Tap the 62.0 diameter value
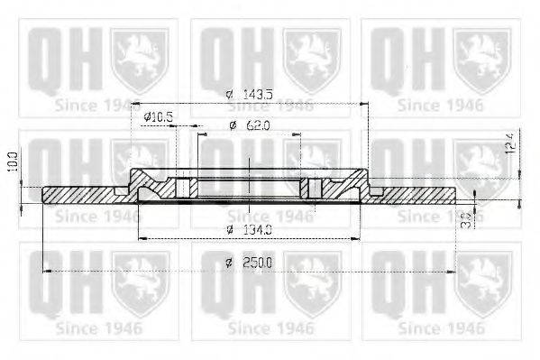point(256,126)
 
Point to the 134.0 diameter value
point(257,230)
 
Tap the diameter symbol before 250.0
point(230,263)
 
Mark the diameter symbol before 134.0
point(231,230)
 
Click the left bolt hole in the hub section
point(186,188)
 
